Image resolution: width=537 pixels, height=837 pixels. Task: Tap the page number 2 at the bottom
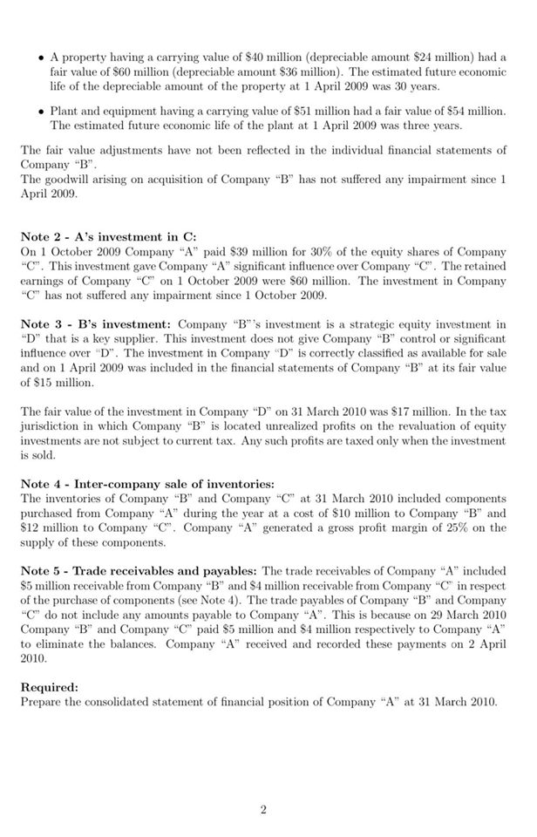pos(262,810)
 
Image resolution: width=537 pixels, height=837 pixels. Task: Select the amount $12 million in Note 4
pos(44,529)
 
